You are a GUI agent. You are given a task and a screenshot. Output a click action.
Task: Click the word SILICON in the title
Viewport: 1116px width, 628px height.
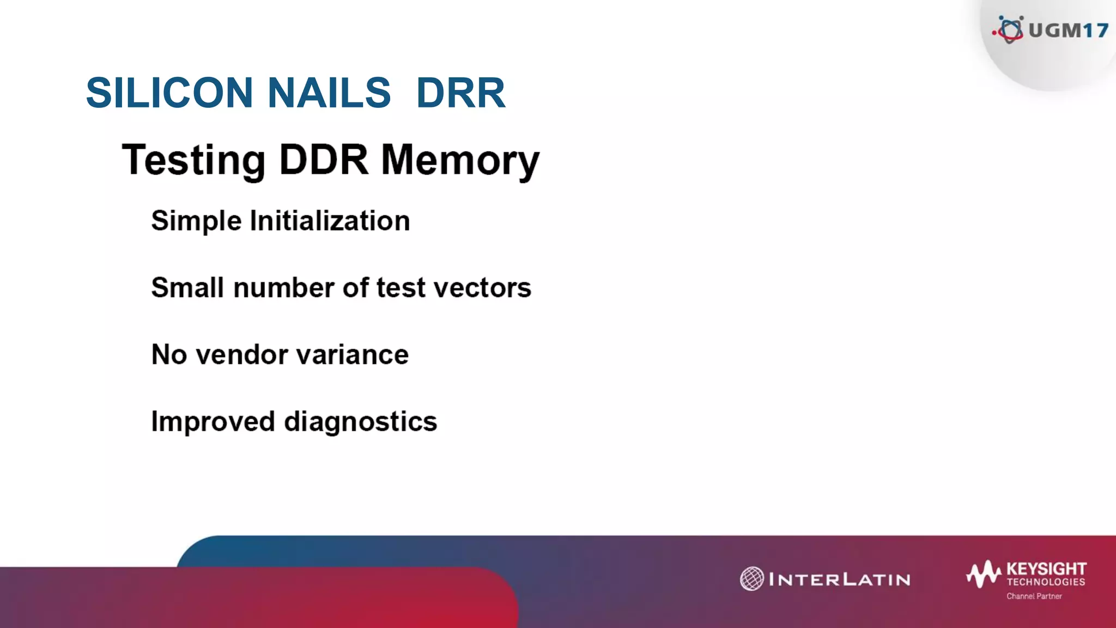[x=169, y=93]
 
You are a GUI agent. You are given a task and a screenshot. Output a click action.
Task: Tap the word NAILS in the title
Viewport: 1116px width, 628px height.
[x=329, y=93]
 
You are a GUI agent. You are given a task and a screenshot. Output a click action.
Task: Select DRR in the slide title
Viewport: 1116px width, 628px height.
[x=460, y=93]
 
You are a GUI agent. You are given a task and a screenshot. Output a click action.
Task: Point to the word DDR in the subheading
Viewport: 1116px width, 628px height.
[x=324, y=160]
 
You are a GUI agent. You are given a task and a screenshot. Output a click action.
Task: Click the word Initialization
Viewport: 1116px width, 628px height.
[x=330, y=221]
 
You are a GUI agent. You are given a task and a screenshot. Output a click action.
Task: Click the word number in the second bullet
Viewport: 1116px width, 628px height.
[x=283, y=288]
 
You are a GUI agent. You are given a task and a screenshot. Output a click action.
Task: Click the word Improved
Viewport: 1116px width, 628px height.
[x=213, y=422]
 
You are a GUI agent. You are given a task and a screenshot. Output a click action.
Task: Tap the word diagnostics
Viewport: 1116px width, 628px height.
[x=361, y=422]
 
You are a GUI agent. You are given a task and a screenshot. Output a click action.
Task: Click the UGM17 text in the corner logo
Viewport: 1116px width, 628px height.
[x=1068, y=30]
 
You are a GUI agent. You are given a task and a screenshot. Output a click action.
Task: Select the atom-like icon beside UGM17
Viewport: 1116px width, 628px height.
[x=1010, y=29]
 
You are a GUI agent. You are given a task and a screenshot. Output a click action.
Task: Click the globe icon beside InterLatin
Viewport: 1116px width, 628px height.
[x=751, y=579]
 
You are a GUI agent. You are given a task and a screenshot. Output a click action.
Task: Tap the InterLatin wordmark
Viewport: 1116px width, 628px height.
[x=839, y=579]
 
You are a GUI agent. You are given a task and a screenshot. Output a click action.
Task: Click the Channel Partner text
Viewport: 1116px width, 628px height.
[x=1034, y=596]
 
